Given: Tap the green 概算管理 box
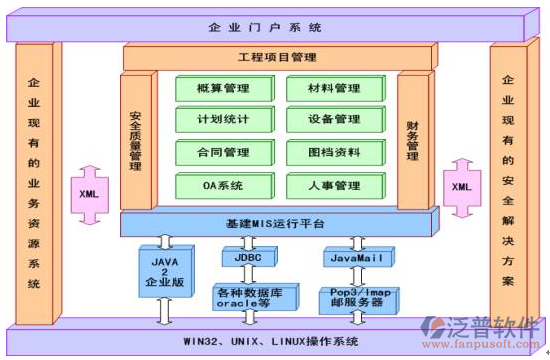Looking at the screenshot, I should pyautogui.click(x=223, y=89).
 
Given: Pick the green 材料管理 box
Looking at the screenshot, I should pyautogui.click(x=334, y=89).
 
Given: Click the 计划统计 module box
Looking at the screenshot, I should pyautogui.click(x=223, y=120).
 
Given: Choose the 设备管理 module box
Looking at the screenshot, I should pyautogui.click(x=334, y=120).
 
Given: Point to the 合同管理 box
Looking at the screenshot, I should pyautogui.click(x=223, y=152).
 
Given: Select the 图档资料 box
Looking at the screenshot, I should pyautogui.click(x=334, y=152).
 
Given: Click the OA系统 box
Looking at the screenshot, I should pyautogui.click(x=223, y=185).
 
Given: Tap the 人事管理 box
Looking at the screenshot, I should pyautogui.click(x=334, y=185).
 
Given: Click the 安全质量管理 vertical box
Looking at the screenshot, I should pyautogui.click(x=135, y=140).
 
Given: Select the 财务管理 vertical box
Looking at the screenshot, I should pyautogui.click(x=411, y=140).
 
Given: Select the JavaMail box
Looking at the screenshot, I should pyautogui.click(x=357, y=257).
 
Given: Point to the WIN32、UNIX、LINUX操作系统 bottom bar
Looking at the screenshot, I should pyautogui.click(x=275, y=342).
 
